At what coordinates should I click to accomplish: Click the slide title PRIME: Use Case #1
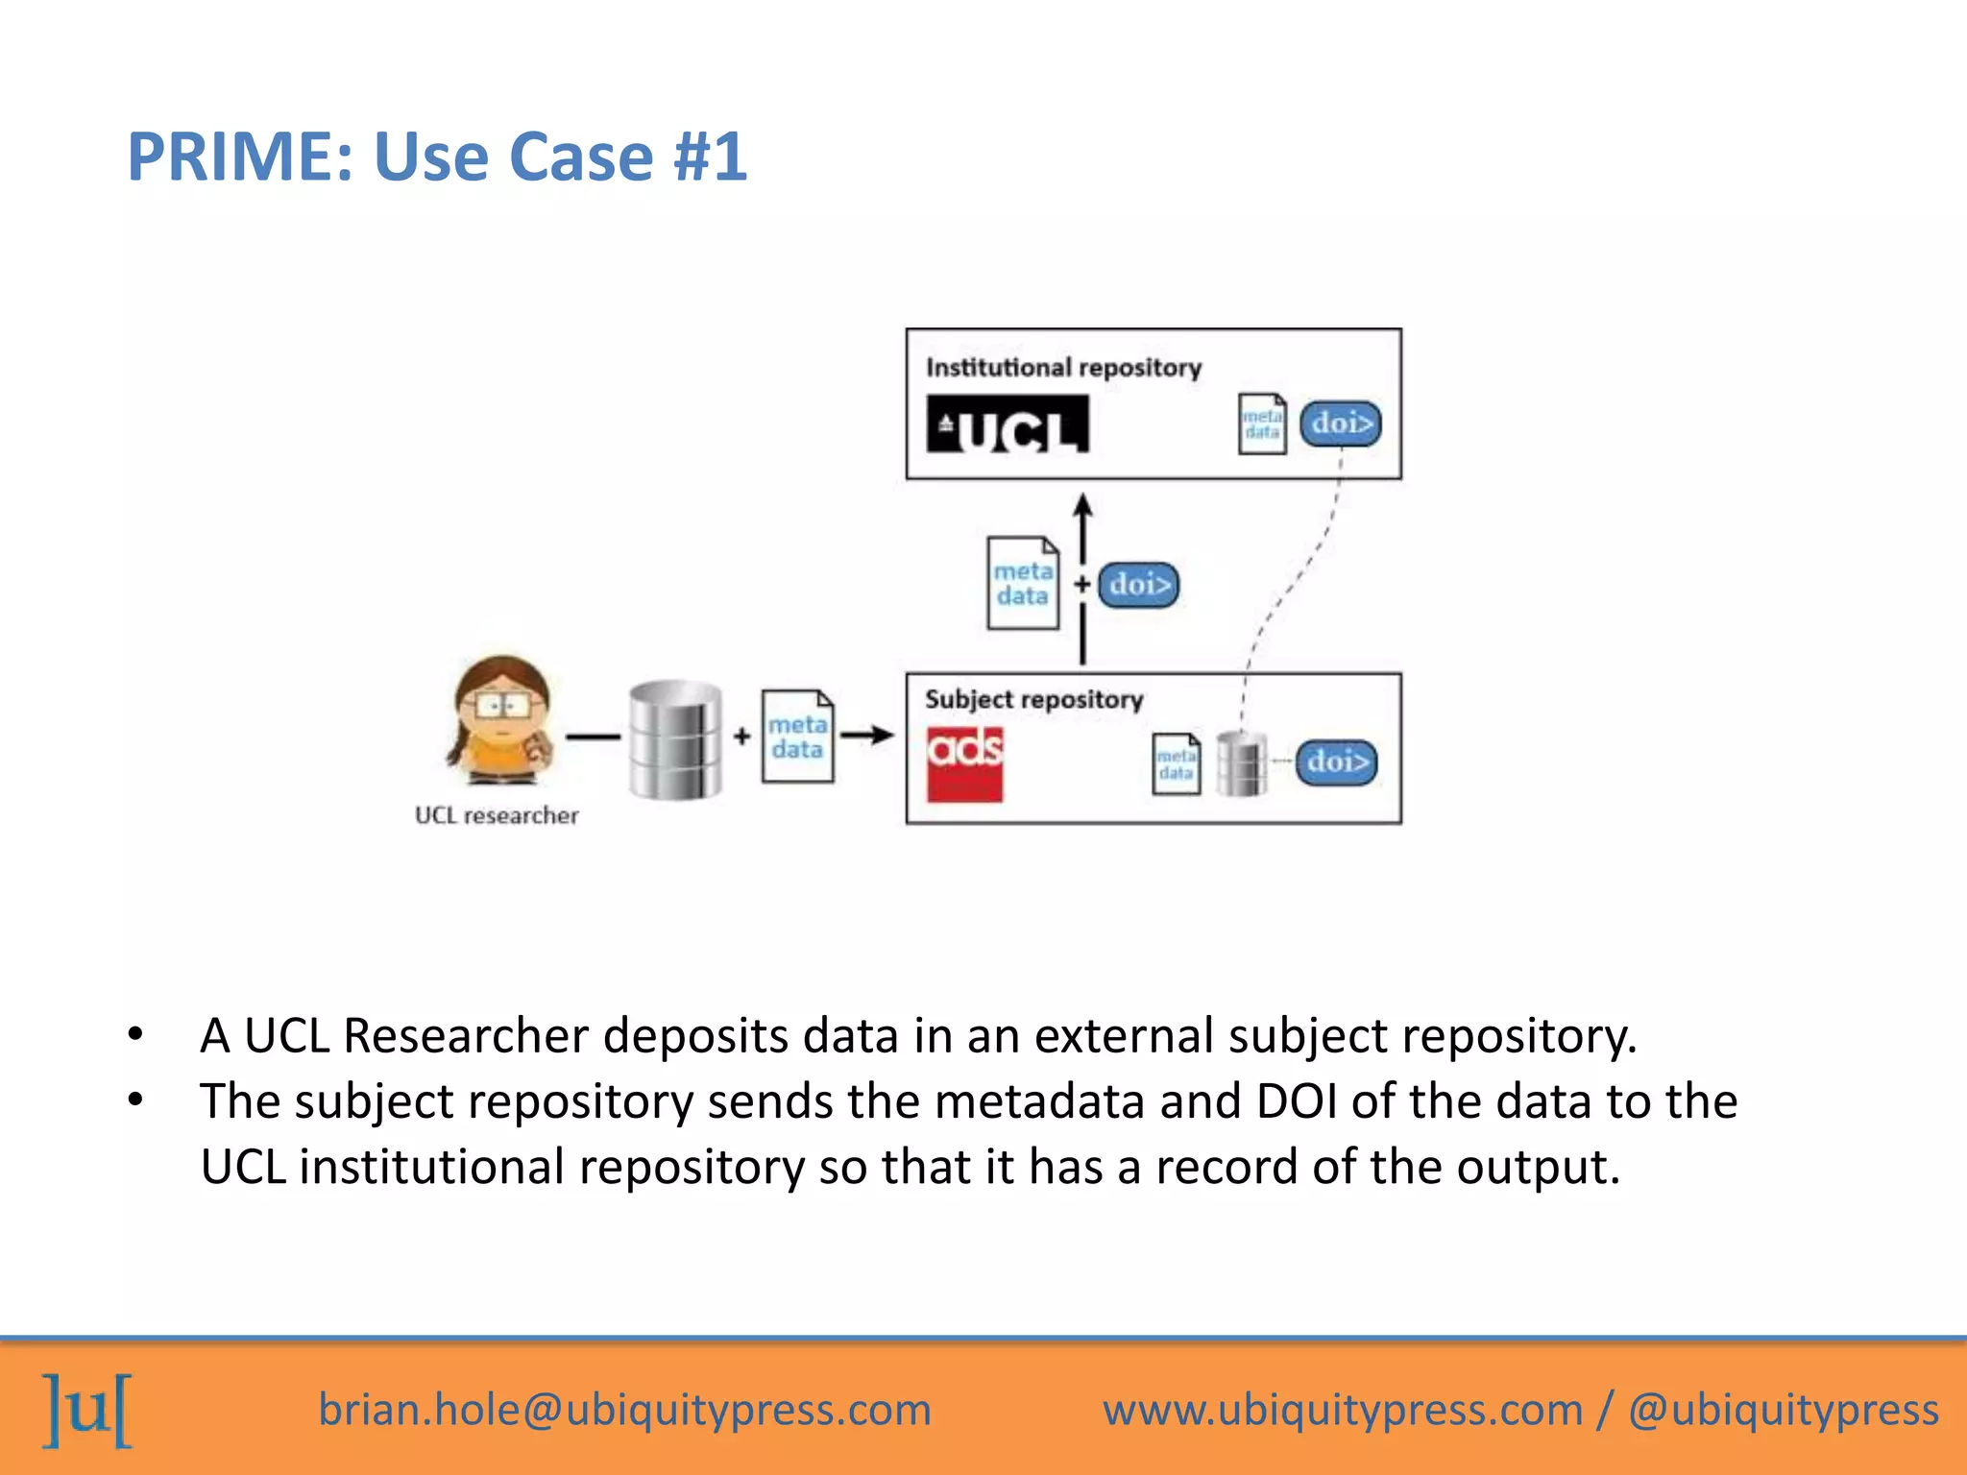pyautogui.click(x=437, y=157)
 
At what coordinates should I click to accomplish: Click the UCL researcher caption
pyautogui.click(x=497, y=815)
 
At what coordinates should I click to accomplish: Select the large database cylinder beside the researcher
pyautogui.click(x=675, y=739)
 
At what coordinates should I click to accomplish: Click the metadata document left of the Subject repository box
pyautogui.click(x=797, y=737)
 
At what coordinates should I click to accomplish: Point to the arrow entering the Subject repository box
pyautogui.click(x=868, y=736)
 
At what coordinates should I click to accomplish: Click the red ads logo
pyautogui.click(x=964, y=764)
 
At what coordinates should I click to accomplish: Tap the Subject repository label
pyautogui.click(x=1033, y=699)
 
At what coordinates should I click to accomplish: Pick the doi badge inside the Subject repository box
pyautogui.click(x=1336, y=762)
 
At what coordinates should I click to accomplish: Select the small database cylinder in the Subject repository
pyautogui.click(x=1242, y=763)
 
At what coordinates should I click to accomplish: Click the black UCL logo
pyautogui.click(x=1008, y=424)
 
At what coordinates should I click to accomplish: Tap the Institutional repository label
pyautogui.click(x=1063, y=368)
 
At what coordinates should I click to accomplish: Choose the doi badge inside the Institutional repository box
pyautogui.click(x=1341, y=423)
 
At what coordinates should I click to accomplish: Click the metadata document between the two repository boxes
pyautogui.click(x=1023, y=584)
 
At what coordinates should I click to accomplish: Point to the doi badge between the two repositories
pyautogui.click(x=1139, y=585)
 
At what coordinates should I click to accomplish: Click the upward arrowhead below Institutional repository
pyautogui.click(x=1083, y=507)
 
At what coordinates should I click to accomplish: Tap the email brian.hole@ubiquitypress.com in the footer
pyautogui.click(x=624, y=1410)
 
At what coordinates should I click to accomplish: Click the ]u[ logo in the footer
pyautogui.click(x=87, y=1410)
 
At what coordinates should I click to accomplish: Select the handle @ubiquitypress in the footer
pyautogui.click(x=1784, y=1410)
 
